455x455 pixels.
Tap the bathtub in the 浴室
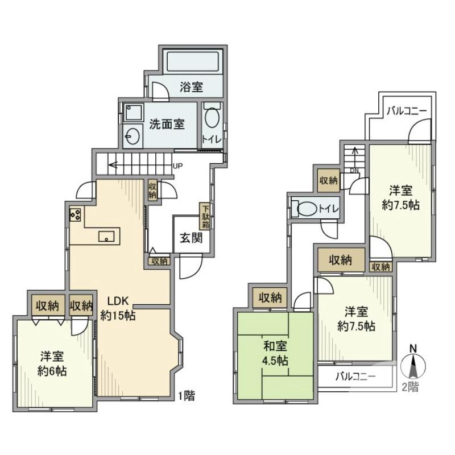(x=192, y=61)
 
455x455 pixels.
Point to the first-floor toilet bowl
(x=212, y=119)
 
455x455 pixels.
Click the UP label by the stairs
(x=177, y=167)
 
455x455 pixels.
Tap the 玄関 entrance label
(x=191, y=238)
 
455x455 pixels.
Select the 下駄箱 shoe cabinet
(x=205, y=216)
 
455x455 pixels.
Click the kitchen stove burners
(x=76, y=214)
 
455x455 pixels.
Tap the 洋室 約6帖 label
(x=52, y=364)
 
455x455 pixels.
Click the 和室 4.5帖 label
(x=275, y=353)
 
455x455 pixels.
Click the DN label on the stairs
(x=354, y=170)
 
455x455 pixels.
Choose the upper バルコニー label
(x=404, y=110)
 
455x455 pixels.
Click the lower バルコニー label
(x=355, y=376)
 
